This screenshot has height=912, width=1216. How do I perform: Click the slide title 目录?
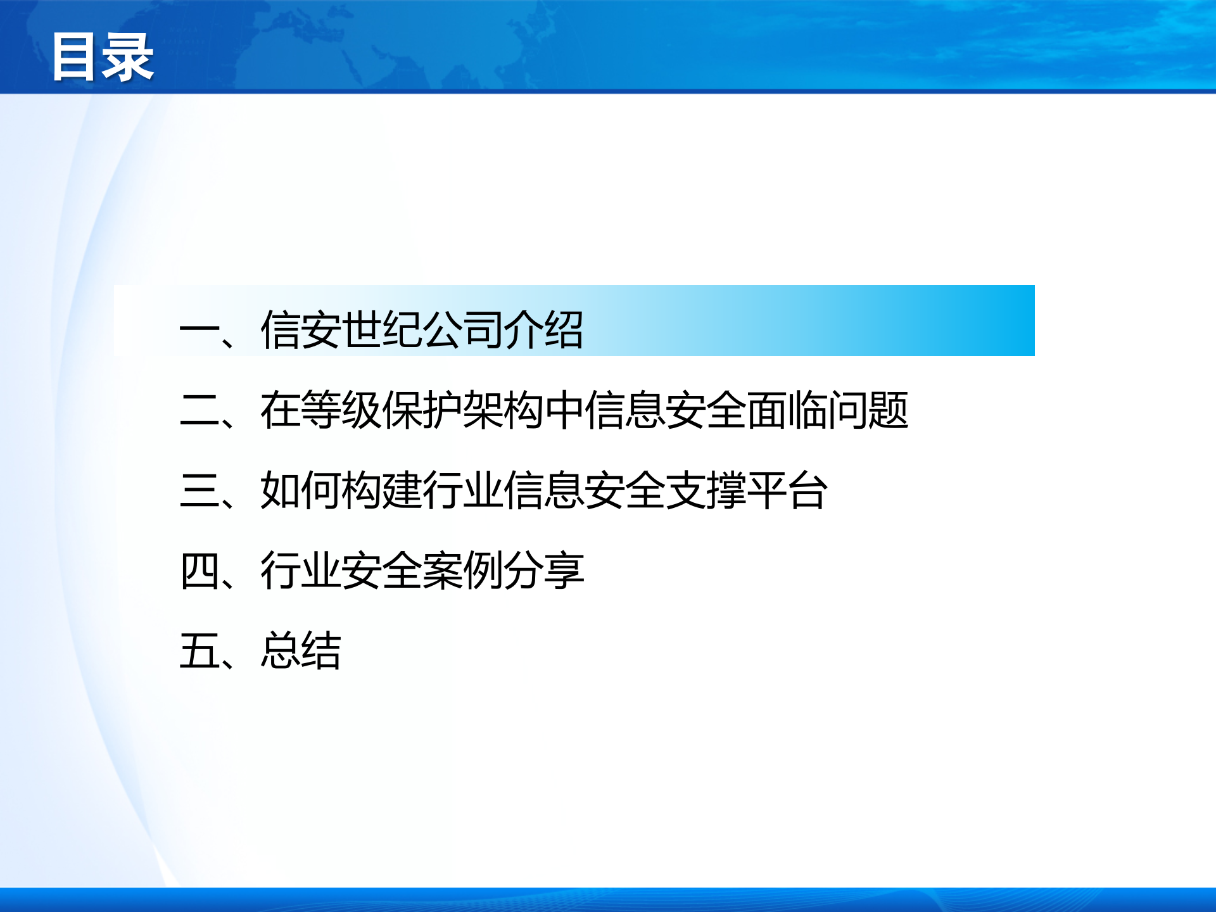103,58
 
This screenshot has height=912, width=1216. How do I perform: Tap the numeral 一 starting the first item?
199,331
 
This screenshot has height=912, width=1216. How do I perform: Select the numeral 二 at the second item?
199,410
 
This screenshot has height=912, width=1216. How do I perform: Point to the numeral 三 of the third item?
199,490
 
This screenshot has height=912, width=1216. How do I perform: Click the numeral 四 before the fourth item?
199,571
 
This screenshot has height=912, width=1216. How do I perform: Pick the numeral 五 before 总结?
199,650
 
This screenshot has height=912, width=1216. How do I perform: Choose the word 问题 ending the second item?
868,410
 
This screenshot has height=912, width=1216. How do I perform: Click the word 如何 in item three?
301,490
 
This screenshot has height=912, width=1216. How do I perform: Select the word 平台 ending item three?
787,490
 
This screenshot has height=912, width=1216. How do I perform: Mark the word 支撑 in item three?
706,490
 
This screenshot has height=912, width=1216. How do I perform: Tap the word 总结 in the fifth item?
301,650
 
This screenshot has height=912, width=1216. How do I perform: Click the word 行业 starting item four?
301,571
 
